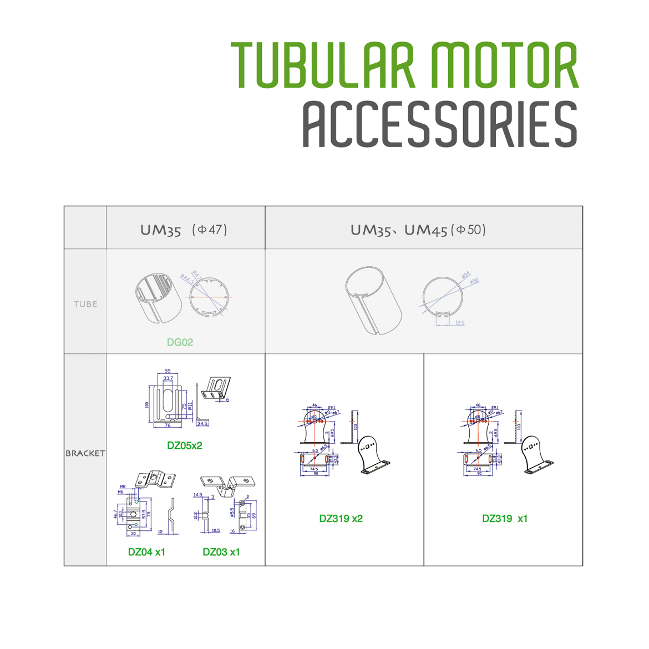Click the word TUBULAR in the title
coord(323,65)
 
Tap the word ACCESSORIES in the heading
coord(440,125)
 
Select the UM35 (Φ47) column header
coord(184,230)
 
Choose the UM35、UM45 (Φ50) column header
coord(418,230)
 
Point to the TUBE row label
coord(85,304)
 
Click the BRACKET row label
coord(85,453)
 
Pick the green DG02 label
coord(180,342)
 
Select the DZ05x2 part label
coord(185,445)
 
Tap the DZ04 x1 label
coord(146,552)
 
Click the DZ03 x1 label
coord(221,552)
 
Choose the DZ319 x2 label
coord(341,519)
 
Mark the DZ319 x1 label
coord(505,519)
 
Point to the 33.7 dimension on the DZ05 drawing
coord(168,378)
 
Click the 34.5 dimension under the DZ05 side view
coord(202,423)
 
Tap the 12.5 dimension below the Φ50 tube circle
coord(459,323)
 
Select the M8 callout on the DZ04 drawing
coord(123,486)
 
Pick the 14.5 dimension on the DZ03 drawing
coord(198,495)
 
